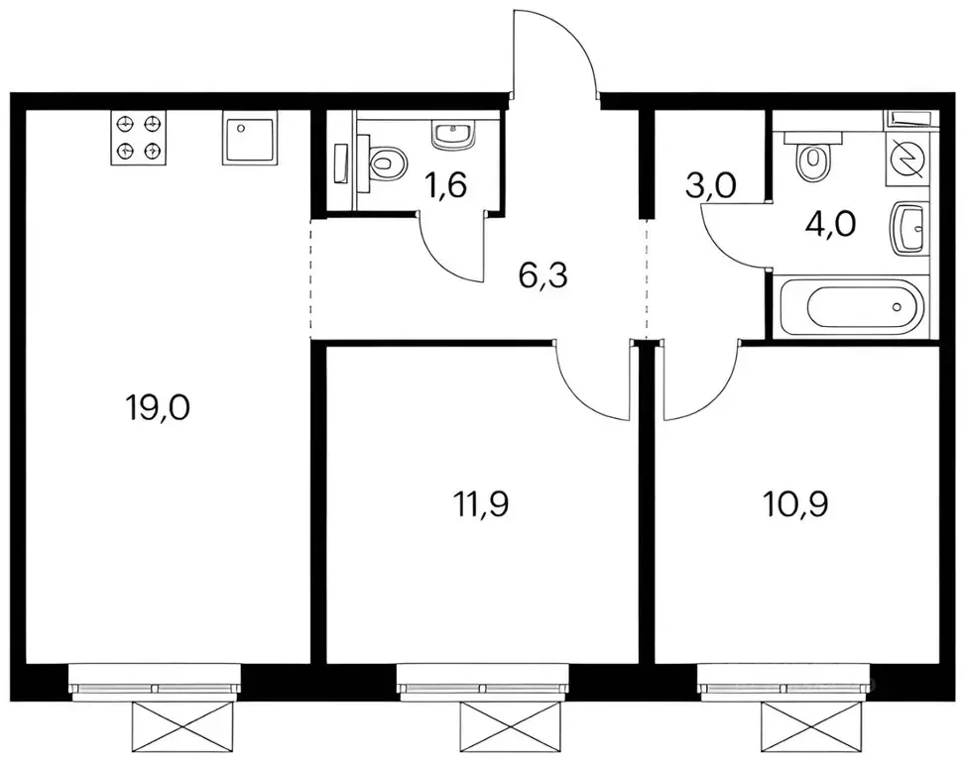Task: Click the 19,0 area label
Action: (x=157, y=407)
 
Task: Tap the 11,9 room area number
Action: (x=480, y=505)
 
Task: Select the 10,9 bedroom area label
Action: (x=795, y=505)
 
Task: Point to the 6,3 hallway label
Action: (x=543, y=276)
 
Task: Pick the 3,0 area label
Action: (x=711, y=185)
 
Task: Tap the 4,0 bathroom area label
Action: (x=830, y=224)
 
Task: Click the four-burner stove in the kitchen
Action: (x=139, y=138)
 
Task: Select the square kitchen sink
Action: (x=249, y=138)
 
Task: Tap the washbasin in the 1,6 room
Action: (x=454, y=136)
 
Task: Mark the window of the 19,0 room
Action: (x=155, y=683)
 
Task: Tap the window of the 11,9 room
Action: (x=482, y=683)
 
